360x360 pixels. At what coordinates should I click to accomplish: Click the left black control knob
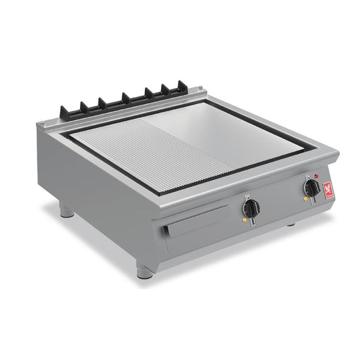(x=251, y=208)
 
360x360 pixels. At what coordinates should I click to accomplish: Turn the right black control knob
(x=311, y=188)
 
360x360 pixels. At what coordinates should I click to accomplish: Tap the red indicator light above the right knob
(x=317, y=176)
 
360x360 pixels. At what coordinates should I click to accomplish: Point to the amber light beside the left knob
(x=243, y=220)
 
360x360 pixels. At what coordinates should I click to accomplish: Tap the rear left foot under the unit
(x=65, y=210)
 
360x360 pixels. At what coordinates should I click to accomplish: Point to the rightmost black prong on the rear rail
(x=184, y=87)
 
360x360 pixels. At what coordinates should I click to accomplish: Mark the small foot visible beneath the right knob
(x=290, y=224)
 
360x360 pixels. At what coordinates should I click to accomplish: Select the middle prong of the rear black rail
(x=127, y=98)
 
